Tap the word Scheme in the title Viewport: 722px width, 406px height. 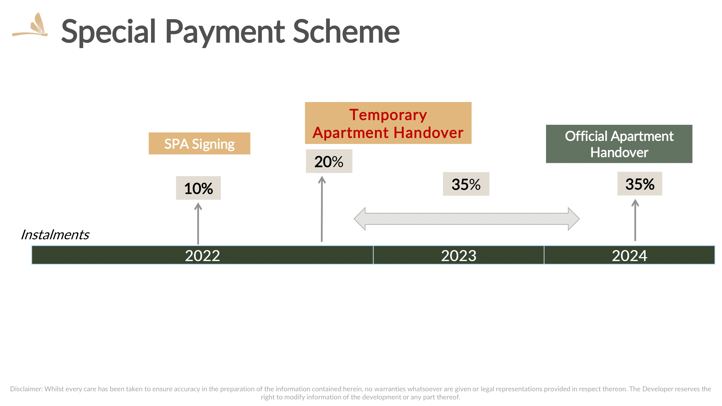coord(346,31)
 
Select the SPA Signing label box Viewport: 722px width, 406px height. coord(199,143)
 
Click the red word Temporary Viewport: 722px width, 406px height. coord(388,115)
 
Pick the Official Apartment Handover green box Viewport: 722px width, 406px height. coord(619,144)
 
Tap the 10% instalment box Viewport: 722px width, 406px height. coord(198,188)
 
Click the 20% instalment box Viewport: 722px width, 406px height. coord(329,161)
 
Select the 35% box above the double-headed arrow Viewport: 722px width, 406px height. coord(466,184)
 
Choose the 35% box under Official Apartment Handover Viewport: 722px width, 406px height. coord(640,184)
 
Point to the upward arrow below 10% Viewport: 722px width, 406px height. coord(198,223)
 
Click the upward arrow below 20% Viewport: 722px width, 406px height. coord(322,209)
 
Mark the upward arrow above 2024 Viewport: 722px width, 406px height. coord(635,220)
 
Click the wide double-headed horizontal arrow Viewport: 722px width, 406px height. coord(466,219)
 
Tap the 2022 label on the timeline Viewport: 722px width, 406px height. coord(202,256)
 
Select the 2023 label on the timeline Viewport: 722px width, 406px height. coord(459,256)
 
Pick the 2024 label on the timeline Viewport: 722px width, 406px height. coord(629,256)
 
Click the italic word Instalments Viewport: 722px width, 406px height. coord(55,235)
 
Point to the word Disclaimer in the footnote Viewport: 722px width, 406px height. coord(26,389)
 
